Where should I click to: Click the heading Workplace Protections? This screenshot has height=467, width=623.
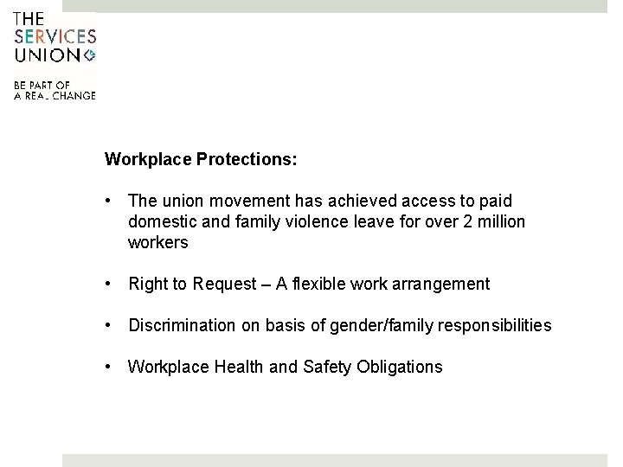point(201,160)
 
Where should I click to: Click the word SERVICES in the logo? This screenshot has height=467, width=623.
point(55,37)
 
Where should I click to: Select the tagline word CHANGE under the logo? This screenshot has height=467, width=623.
point(74,95)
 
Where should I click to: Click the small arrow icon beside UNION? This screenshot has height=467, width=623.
point(89,55)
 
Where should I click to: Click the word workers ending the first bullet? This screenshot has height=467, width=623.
point(157,243)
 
